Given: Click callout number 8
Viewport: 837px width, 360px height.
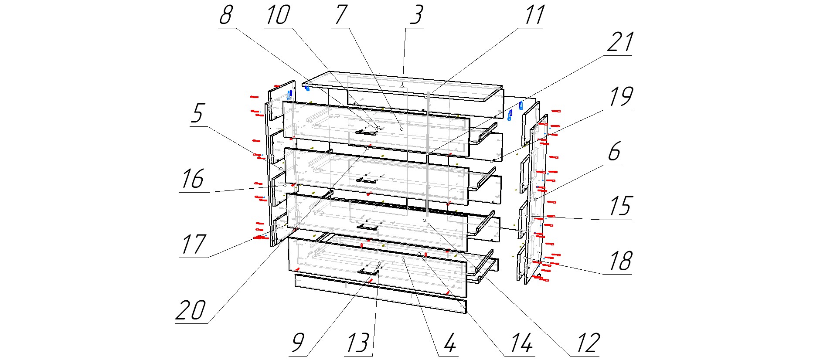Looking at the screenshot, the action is (x=226, y=15).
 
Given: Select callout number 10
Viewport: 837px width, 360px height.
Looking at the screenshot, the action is (x=278, y=15).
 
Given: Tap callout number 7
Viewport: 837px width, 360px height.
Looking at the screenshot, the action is (x=341, y=15).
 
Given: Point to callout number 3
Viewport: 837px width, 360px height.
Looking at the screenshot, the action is (x=416, y=15).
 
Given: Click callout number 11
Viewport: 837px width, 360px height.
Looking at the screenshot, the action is (x=534, y=15).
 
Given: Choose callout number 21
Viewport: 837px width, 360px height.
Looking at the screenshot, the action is (x=620, y=43).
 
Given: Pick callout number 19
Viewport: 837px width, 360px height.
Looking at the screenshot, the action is (x=620, y=97).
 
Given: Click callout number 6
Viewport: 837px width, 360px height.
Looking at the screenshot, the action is (x=614, y=152).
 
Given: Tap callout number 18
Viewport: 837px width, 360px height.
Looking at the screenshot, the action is (x=620, y=261).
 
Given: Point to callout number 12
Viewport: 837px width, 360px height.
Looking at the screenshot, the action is (x=589, y=343).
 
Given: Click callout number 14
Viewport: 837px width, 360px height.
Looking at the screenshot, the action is (x=522, y=343).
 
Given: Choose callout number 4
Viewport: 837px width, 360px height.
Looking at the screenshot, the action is (x=450, y=343).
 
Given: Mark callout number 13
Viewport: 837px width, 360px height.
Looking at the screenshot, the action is (x=358, y=343).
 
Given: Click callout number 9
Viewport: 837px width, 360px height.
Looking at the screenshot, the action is (x=297, y=343).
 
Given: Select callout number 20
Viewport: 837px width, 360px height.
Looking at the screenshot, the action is (x=191, y=310).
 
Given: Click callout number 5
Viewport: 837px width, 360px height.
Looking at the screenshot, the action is (x=197, y=113).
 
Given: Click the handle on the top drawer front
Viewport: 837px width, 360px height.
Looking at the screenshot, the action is (x=366, y=132).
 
